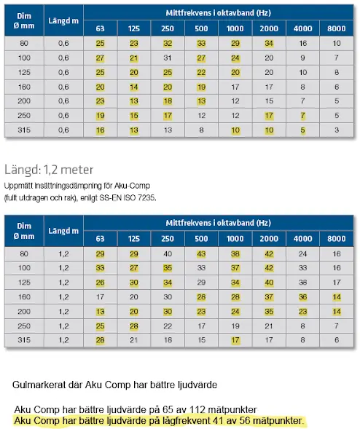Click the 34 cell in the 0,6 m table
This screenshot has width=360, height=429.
(269, 43)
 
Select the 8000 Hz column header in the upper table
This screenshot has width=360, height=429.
(337, 28)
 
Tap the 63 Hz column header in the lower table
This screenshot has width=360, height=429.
(100, 239)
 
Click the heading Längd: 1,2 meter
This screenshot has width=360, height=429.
(49, 170)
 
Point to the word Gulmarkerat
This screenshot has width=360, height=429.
(47, 385)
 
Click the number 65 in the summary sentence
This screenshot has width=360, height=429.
(168, 409)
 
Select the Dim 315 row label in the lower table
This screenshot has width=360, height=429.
(24, 340)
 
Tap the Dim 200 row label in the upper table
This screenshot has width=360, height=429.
(24, 101)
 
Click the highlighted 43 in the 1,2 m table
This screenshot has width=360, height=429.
(201, 254)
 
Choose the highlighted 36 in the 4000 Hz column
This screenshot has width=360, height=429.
(302, 297)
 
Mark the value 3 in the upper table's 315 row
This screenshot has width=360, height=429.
(337, 130)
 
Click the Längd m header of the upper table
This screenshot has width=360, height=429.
(63, 21)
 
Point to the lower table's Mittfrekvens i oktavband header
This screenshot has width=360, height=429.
(218, 223)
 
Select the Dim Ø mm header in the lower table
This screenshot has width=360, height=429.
(24, 231)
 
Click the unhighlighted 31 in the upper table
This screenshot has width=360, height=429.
(168, 58)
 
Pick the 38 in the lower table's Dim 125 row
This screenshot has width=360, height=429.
(302, 283)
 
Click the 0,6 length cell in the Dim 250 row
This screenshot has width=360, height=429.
(63, 116)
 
